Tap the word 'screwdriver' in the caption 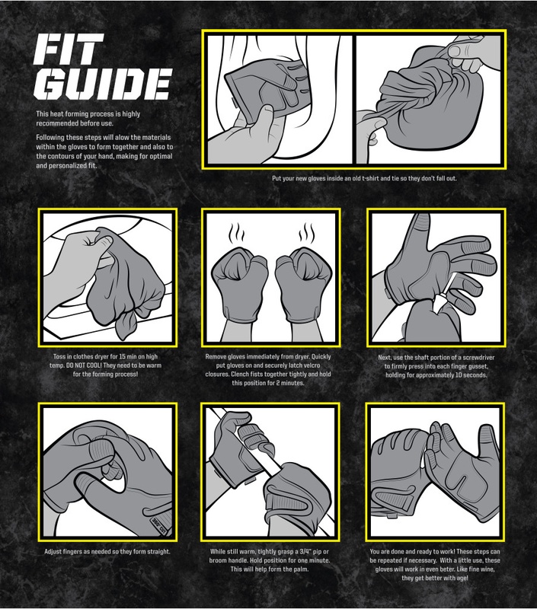484,356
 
